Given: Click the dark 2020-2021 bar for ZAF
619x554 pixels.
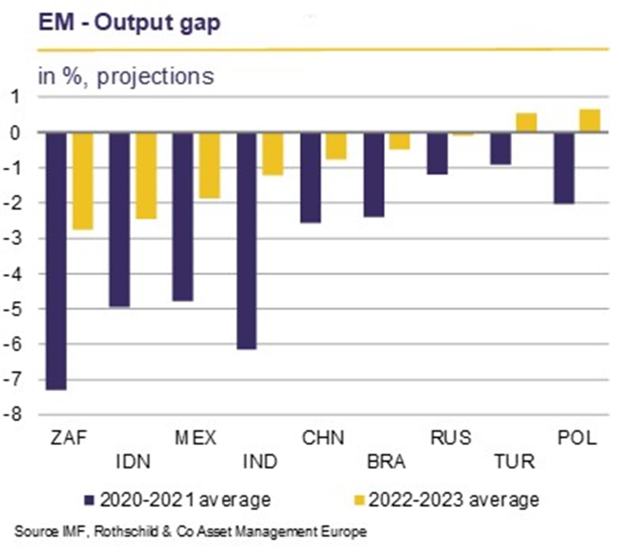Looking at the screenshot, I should click(x=56, y=261).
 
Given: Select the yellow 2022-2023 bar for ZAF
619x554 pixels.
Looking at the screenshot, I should click(x=82, y=181).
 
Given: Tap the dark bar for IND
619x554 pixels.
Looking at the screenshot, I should click(x=247, y=241).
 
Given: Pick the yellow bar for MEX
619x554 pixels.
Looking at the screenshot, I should click(x=210, y=165).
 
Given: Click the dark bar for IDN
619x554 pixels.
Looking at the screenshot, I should click(x=120, y=219).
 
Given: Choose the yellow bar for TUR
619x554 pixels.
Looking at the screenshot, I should click(x=526, y=123).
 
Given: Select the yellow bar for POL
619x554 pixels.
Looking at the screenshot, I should click(x=590, y=121).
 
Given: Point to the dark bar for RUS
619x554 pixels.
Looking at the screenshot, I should click(x=437, y=153).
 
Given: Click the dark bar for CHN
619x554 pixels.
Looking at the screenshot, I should click(x=310, y=177).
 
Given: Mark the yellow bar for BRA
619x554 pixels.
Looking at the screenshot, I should click(x=399, y=141).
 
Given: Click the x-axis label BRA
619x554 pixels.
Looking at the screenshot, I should click(x=386, y=462).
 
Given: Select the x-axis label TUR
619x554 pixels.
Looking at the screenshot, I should click(x=514, y=462).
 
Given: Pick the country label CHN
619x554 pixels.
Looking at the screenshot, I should click(x=323, y=438).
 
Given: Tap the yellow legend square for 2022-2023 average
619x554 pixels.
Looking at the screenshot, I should click(x=359, y=500).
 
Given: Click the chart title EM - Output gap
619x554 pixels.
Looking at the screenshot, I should click(x=129, y=23).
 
